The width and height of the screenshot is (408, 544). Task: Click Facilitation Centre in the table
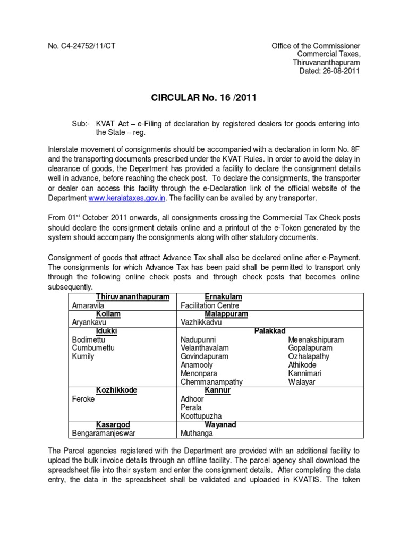(x=209, y=305)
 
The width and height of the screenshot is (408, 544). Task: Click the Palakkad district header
(x=270, y=331)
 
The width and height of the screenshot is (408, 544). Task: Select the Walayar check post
(x=301, y=382)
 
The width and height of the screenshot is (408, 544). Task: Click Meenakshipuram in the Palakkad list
(x=316, y=339)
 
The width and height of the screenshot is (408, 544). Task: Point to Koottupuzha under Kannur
(x=201, y=416)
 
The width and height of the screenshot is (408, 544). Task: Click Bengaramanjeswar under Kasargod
(x=105, y=433)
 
